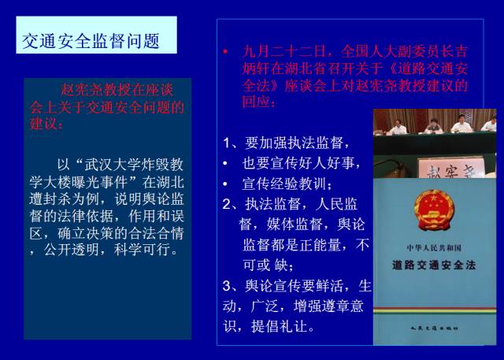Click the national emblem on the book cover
(434, 207)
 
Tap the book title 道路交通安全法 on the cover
(434, 265)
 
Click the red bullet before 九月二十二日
(225, 53)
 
